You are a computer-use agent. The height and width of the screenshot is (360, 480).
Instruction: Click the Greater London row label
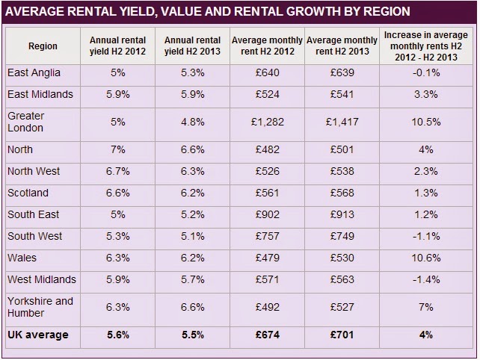tap(26, 122)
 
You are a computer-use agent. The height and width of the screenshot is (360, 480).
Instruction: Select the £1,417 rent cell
tap(342, 122)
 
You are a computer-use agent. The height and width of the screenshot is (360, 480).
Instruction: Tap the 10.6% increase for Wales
tap(425, 258)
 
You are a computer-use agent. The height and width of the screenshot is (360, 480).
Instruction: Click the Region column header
tap(43, 46)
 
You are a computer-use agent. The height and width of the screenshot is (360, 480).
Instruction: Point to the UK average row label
tap(37, 335)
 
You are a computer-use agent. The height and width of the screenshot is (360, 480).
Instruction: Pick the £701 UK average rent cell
tap(342, 335)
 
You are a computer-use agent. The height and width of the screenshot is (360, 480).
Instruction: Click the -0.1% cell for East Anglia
tap(425, 73)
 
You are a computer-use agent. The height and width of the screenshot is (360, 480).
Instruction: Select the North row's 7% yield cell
tap(118, 149)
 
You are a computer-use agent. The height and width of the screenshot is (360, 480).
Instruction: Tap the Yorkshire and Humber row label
tap(40, 307)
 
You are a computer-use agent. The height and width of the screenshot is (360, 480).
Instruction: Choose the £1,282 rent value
tap(267, 122)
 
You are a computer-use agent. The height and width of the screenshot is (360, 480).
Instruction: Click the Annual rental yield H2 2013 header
tap(192, 46)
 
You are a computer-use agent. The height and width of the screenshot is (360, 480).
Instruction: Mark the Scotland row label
tap(29, 193)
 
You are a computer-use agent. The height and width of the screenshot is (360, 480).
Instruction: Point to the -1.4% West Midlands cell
tap(425, 279)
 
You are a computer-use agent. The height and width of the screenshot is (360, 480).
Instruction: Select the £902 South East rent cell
tap(267, 214)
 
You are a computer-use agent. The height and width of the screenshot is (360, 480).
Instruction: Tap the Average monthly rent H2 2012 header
tap(267, 46)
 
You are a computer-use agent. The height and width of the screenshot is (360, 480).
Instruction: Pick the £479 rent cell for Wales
tap(267, 258)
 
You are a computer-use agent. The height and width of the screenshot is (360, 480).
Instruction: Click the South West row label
tap(34, 236)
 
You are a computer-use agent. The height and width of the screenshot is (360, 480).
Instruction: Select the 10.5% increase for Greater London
tap(425, 122)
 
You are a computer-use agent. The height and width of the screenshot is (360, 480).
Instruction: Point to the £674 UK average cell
tap(267, 335)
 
